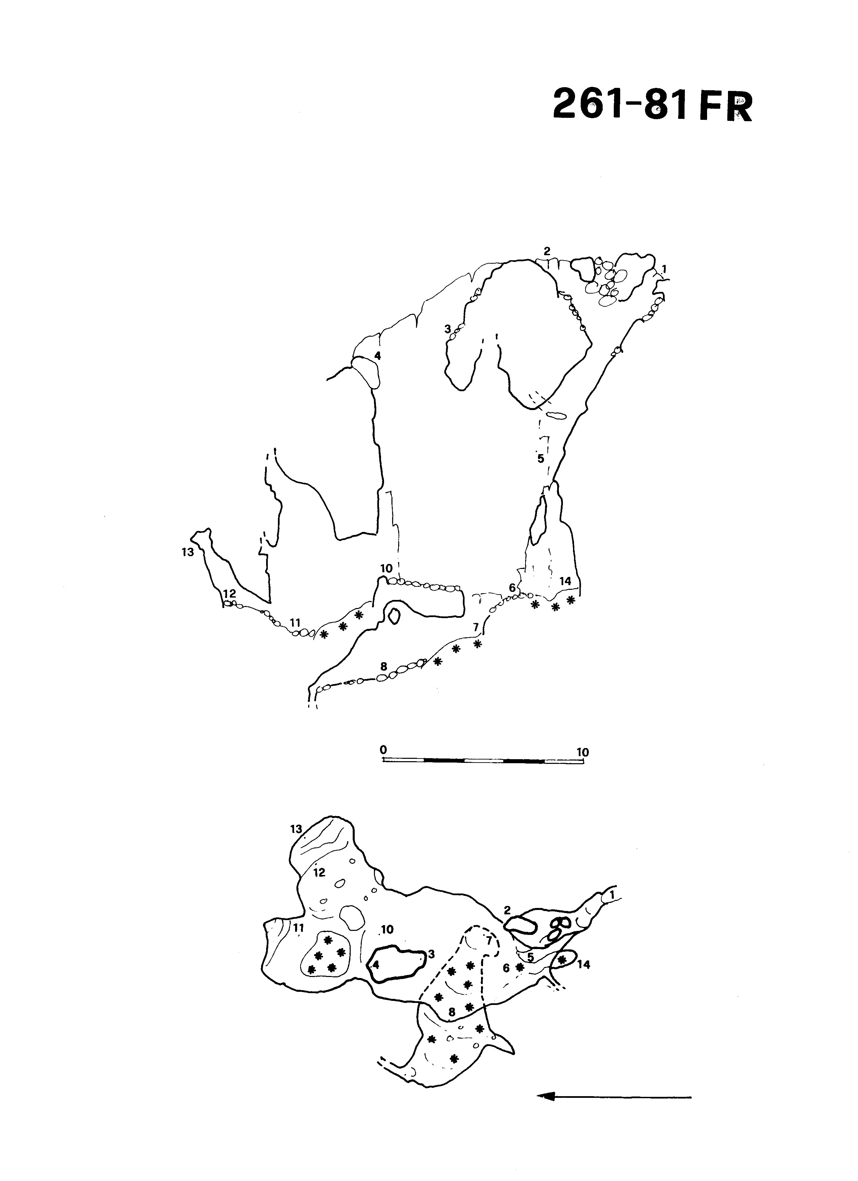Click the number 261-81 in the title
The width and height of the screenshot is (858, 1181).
tap(621, 104)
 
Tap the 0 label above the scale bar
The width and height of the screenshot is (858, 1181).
tap(383, 750)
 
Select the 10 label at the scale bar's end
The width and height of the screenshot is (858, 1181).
tap(582, 752)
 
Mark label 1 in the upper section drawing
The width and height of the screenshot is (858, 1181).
tap(664, 269)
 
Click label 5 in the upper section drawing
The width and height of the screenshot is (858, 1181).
tap(541, 459)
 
